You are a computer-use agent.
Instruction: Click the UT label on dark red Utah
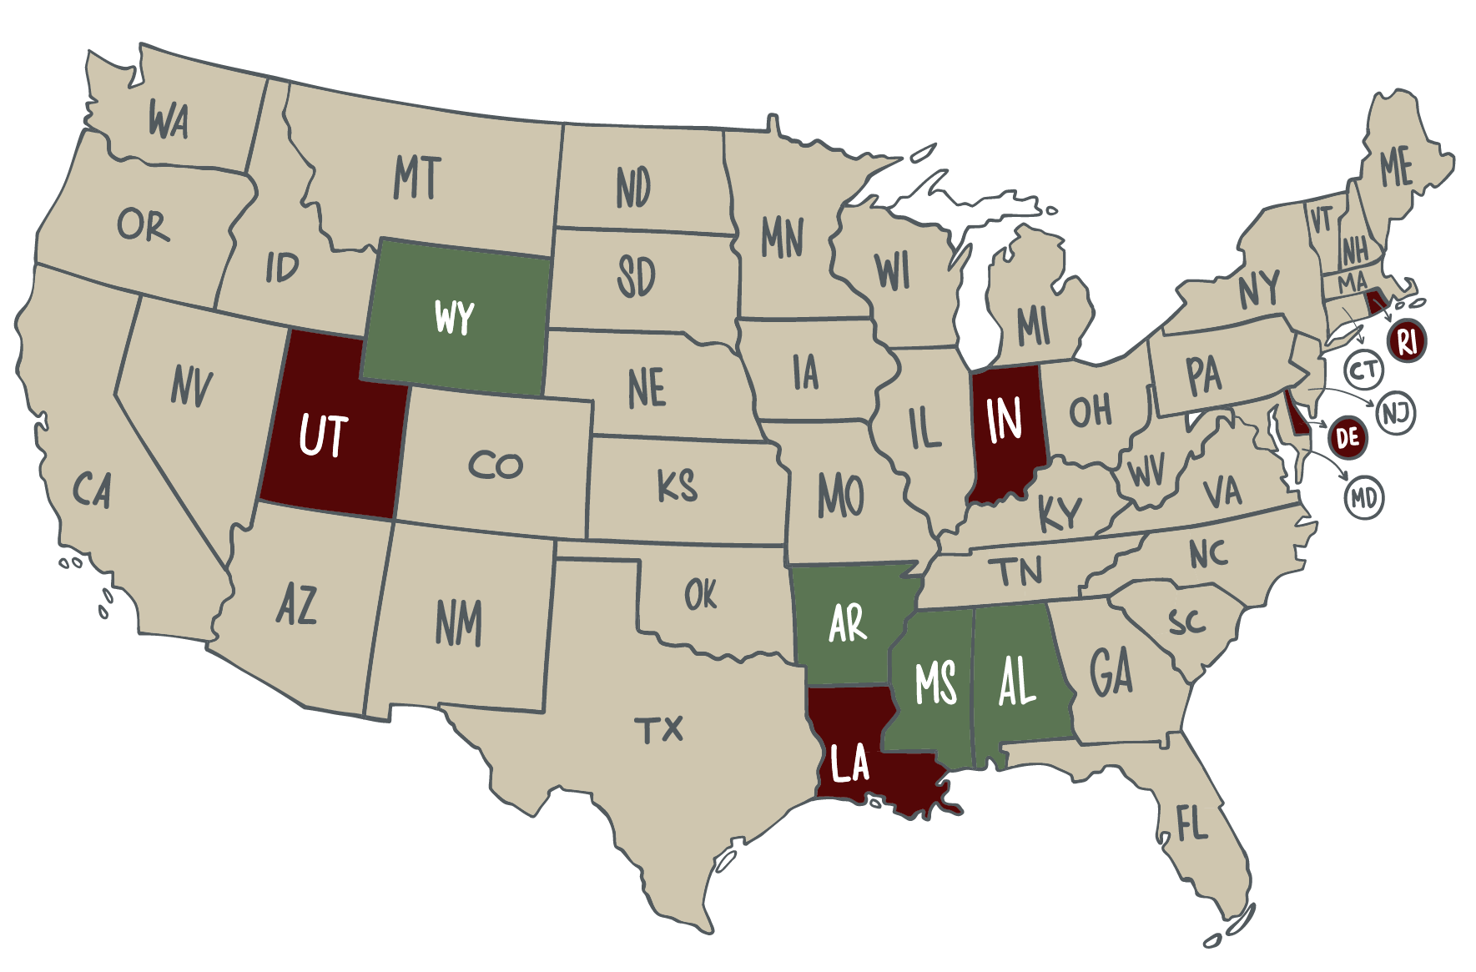pos(323,435)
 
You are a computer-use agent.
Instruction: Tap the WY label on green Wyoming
pos(455,317)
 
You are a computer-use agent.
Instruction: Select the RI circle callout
pos(1407,340)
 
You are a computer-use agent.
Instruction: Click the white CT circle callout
pos(1364,370)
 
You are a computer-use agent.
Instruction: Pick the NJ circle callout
pos(1396,413)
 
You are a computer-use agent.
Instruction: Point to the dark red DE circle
pos(1348,437)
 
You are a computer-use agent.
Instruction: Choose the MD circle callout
pos(1364,498)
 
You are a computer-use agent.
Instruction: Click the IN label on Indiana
pos(1004,419)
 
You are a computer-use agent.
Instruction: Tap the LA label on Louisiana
pos(849,763)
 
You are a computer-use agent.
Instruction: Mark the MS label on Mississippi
pos(934,684)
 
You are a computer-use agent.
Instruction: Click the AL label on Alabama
pos(1016,682)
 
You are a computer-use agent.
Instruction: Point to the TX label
pos(659,730)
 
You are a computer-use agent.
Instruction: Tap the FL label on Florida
pos(1192,824)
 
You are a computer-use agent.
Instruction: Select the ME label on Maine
pos(1396,167)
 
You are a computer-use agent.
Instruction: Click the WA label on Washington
pos(169,120)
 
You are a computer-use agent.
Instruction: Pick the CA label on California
pos(92,490)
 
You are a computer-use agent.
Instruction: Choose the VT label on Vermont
pos(1321,220)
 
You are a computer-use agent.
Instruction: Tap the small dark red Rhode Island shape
pos(1374,301)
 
